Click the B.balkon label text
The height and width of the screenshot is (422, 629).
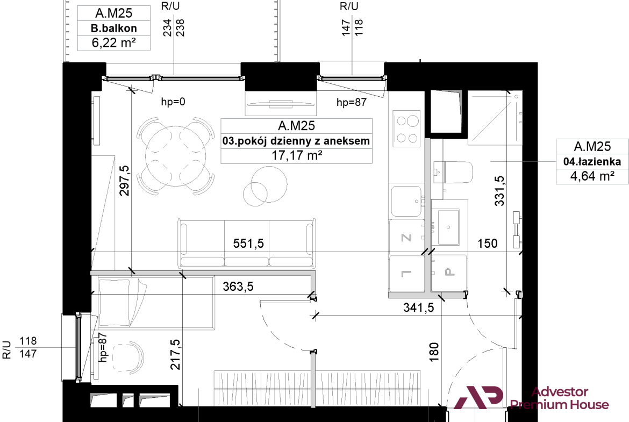coord(113,28)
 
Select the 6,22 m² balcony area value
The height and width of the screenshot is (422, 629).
coord(113,42)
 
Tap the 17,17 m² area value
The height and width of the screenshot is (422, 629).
coord(297,155)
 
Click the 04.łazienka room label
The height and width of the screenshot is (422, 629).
coord(592,161)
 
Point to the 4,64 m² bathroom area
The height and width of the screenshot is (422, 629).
coord(592,176)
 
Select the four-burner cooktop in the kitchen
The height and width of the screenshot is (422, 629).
coord(407,129)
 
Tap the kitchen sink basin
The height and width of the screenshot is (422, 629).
coord(406,202)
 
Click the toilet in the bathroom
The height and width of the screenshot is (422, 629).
coord(453,173)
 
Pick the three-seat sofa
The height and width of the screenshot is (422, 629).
coord(247,244)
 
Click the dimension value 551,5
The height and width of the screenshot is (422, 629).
coord(248,243)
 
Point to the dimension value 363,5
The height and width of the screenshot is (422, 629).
coord(238,287)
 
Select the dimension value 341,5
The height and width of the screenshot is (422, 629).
coord(418,307)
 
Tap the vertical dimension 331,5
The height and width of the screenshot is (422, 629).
coord(499,191)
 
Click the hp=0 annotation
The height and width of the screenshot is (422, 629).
coord(173,102)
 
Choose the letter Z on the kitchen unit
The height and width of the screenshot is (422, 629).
coord(406,238)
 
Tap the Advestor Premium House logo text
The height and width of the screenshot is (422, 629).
coord(559,398)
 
